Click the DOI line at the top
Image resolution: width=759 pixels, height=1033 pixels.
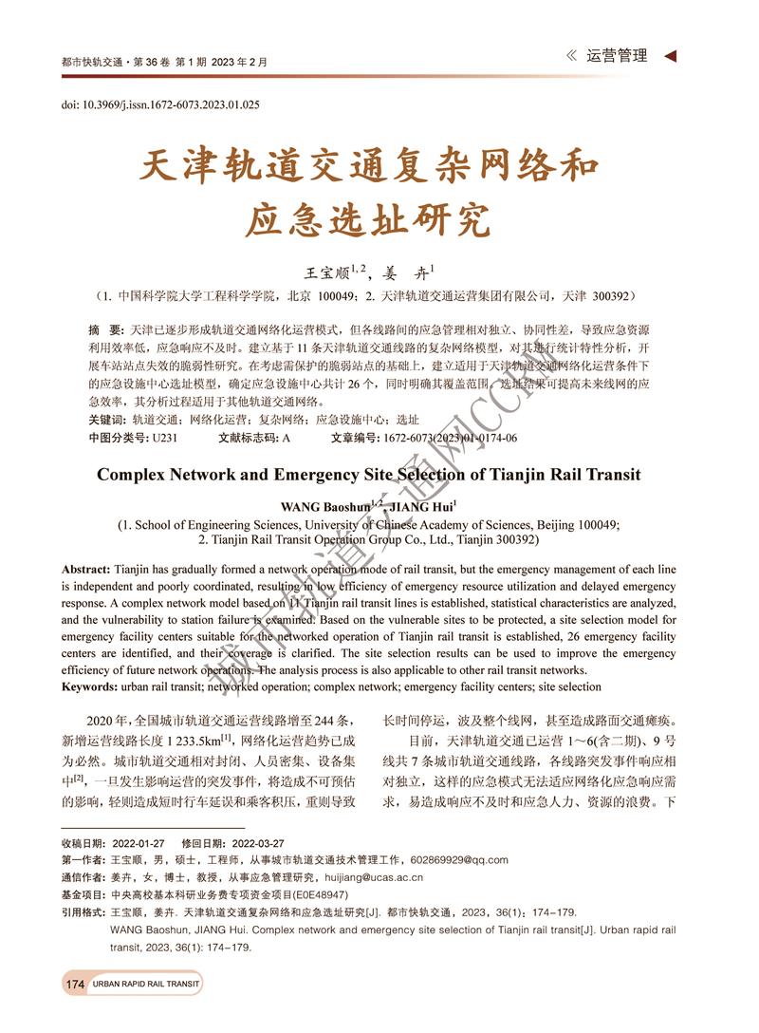click(160, 104)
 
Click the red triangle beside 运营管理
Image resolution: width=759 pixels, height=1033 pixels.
click(671, 56)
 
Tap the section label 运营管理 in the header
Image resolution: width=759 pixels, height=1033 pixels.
click(617, 56)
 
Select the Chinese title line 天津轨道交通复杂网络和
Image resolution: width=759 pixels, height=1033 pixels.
click(369, 167)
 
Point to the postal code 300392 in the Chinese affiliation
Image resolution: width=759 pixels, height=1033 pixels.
click(620, 296)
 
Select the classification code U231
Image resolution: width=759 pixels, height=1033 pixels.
click(164, 438)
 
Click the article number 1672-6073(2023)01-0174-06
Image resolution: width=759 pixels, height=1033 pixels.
click(451, 438)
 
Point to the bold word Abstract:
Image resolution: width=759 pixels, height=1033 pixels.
click(85, 569)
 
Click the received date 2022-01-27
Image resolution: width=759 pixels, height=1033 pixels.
click(139, 842)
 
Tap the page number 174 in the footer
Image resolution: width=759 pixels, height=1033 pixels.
click(76, 985)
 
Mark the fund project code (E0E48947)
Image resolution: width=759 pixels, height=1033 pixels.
click(301, 894)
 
